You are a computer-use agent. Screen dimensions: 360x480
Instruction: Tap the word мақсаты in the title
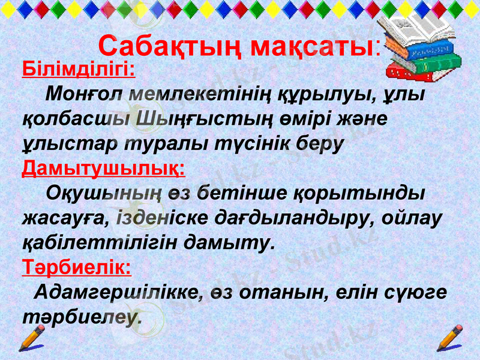[x=312, y=46]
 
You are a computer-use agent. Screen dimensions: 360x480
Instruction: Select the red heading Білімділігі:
[x=78, y=70]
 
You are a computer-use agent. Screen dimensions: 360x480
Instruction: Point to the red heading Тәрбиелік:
[x=76, y=266]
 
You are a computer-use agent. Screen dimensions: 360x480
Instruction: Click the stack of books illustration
[x=423, y=48]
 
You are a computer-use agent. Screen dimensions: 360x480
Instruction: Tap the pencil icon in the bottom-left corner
[x=31, y=338]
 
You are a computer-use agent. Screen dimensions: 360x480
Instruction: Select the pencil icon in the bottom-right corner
[x=449, y=338]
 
